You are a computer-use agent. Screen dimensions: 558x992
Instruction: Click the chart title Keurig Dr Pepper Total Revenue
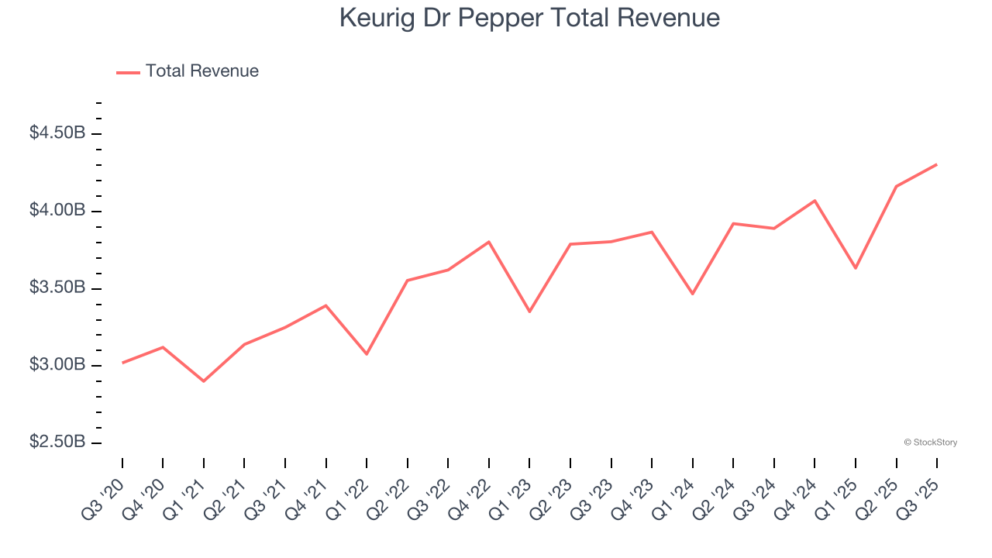(x=529, y=18)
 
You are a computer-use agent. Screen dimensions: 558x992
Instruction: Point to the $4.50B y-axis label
(x=57, y=133)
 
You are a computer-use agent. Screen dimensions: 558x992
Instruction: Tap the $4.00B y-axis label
(x=57, y=211)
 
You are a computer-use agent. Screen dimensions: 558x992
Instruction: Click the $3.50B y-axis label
(x=57, y=288)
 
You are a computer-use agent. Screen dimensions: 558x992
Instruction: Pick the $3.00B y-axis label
(x=57, y=365)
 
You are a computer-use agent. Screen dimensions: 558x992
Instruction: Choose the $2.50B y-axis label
(x=57, y=442)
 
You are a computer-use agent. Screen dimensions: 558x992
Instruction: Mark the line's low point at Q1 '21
(x=204, y=381)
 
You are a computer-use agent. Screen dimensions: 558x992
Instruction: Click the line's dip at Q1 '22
(x=367, y=354)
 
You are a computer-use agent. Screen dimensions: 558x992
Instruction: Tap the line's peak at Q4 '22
(x=489, y=242)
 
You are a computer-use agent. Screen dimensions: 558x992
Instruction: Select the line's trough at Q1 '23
(x=529, y=312)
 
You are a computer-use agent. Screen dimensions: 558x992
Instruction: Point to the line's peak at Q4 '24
(x=815, y=201)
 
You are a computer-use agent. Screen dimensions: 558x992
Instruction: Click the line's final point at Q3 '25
(x=936, y=164)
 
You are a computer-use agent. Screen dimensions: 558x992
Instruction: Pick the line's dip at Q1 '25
(x=856, y=268)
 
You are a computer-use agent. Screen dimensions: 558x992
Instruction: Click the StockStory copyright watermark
(x=930, y=443)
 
